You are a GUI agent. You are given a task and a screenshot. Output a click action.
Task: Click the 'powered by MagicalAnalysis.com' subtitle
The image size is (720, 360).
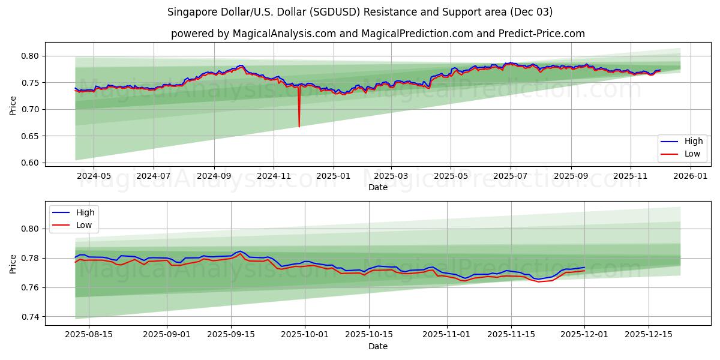[377, 34]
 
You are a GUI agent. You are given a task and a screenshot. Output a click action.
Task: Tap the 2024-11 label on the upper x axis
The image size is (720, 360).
[274, 176]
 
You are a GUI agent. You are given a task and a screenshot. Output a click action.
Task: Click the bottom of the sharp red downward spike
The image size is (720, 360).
[299, 127]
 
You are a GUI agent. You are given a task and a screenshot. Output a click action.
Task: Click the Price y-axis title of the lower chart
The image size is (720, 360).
[13, 263]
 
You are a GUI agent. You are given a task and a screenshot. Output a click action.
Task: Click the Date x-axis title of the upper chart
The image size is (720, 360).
[377, 187]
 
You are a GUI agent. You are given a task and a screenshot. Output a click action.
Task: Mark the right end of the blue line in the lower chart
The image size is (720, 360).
[584, 268]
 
